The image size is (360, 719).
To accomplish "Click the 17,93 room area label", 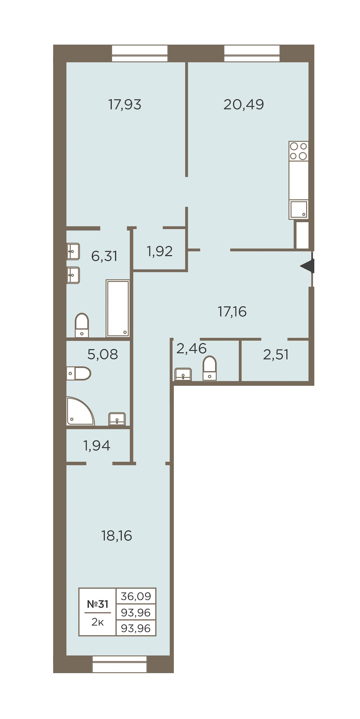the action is tap(124, 104).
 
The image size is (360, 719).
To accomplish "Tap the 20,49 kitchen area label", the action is tap(244, 104).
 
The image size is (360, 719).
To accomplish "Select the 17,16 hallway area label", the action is tap(232, 311).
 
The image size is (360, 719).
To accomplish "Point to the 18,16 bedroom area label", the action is tap(116, 535).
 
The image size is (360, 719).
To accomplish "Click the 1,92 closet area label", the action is tap(160, 251).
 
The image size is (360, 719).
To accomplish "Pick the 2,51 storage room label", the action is tap(276, 354).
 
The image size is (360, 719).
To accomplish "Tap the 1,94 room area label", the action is tap(96, 445).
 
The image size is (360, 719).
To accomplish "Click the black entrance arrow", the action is tap(308, 266).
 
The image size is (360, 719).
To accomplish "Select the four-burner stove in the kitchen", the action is tap(298, 151).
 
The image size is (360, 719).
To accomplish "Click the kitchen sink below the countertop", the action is tap(299, 209).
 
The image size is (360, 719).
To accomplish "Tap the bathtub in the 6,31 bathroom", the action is tap(118, 308).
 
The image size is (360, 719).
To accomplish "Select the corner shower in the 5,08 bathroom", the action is tap(80, 411).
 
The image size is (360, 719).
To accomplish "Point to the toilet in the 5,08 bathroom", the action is tap(79, 373).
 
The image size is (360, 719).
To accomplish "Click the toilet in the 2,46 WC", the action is tap(210, 368).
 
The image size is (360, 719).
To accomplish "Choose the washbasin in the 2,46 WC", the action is tap(183, 374).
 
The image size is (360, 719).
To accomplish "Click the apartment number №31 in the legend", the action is tap(98, 604).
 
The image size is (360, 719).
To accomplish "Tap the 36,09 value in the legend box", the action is tap(136, 596).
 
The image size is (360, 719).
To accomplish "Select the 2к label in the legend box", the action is tap(98, 622).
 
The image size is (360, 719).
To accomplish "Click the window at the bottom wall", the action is tap(120, 664).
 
